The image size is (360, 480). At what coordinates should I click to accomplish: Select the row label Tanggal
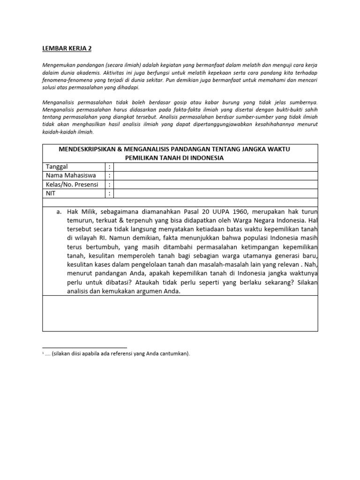click(x=59, y=167)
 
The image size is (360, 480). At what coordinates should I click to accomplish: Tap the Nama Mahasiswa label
click(x=71, y=176)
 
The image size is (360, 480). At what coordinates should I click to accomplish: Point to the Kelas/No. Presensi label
click(x=72, y=185)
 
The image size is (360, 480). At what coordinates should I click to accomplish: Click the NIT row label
click(x=51, y=194)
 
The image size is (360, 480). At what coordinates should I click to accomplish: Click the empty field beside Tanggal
click(x=216, y=167)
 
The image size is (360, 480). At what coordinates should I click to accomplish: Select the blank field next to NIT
click(x=216, y=194)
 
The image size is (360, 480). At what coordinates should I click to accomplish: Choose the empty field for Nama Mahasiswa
click(x=216, y=176)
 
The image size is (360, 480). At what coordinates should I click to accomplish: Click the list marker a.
click(x=59, y=211)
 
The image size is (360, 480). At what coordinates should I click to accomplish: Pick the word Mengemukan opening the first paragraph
click(x=58, y=65)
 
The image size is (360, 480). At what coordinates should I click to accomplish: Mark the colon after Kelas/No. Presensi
click(x=109, y=185)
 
